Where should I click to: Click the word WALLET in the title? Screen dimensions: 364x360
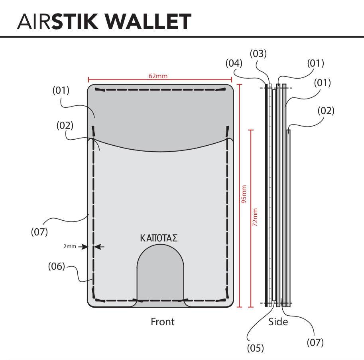[148, 22]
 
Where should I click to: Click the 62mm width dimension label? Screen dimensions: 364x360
[158, 76]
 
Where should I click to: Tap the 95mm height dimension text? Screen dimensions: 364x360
[244, 194]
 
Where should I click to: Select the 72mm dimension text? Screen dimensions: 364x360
[255, 217]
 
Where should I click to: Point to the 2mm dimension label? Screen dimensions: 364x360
[70, 246]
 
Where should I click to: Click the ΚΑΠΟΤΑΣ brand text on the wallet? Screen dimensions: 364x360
[159, 238]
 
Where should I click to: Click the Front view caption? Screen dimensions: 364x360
[163, 322]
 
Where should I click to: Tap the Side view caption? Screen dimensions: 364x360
[278, 322]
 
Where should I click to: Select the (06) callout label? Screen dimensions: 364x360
[56, 266]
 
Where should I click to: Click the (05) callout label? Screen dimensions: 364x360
[255, 348]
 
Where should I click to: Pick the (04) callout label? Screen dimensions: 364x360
[234, 63]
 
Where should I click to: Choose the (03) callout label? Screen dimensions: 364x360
[258, 54]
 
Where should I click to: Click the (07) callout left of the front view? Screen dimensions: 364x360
[39, 232]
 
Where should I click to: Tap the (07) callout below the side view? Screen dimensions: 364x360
[315, 342]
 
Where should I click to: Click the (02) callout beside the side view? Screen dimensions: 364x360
[326, 111]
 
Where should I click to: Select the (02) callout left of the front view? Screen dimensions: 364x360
[65, 125]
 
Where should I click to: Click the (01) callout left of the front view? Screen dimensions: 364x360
[61, 91]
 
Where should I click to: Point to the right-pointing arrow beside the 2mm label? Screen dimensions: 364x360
[83, 247]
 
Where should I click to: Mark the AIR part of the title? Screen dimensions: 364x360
[33, 22]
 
